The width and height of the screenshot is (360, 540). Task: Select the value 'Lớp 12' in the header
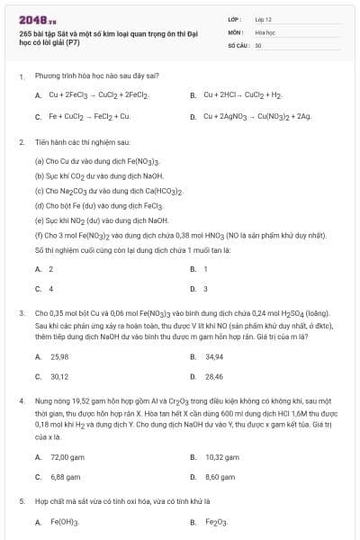click(x=264, y=19)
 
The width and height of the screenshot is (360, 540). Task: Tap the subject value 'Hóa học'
click(x=265, y=31)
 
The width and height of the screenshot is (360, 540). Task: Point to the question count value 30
click(x=258, y=44)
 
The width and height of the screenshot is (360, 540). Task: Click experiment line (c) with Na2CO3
click(x=108, y=192)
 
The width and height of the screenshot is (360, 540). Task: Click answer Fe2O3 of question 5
click(x=214, y=521)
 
